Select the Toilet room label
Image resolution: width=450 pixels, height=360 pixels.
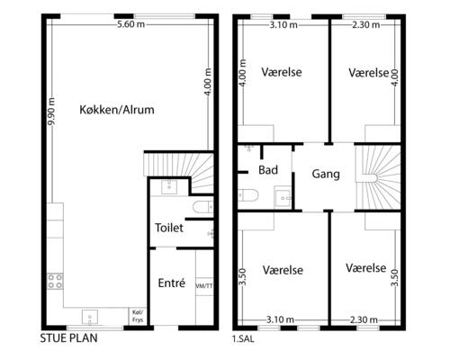[x=170, y=229]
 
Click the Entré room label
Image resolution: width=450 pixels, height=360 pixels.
[x=171, y=283]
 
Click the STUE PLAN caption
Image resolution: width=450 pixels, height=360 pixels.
[x=68, y=341]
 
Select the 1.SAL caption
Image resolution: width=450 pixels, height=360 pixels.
[x=243, y=341]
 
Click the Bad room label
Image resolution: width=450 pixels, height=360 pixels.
[x=267, y=169]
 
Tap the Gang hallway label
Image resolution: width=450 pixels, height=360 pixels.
[x=326, y=175]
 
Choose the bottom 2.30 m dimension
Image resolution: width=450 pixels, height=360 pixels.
[x=365, y=319]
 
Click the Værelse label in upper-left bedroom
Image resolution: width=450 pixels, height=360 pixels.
[x=283, y=72]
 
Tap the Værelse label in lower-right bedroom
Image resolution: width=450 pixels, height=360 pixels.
[x=365, y=268]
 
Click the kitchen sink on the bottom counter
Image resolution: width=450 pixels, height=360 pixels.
[x=91, y=316]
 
